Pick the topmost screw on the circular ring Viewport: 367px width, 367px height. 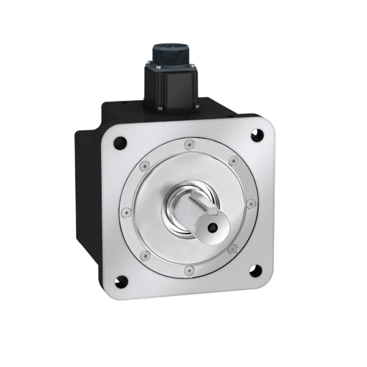(187, 146)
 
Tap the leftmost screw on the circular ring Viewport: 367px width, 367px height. (125, 212)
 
